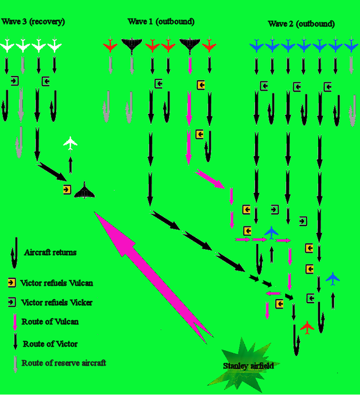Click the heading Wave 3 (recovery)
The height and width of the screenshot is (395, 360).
pyautogui.click(x=33, y=21)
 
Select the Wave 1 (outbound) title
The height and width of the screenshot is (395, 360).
pyautogui.click(x=161, y=21)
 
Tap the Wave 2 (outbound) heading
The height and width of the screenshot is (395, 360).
pyautogui.click(x=301, y=24)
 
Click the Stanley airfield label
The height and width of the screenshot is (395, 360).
pyautogui.click(x=248, y=366)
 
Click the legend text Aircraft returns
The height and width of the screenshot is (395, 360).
pyautogui.click(x=50, y=253)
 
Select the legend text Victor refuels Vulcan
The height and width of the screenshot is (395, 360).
pyautogui.click(x=56, y=283)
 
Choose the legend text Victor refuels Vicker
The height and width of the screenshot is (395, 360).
pyautogui.click(x=56, y=303)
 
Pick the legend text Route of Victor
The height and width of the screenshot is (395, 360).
pyautogui.click(x=49, y=344)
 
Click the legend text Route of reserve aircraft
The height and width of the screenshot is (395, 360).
pyautogui.click(x=64, y=363)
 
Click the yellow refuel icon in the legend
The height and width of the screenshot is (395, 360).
pyautogui.click(x=12, y=283)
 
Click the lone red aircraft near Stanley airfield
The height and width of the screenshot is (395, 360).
pyautogui.click(x=307, y=328)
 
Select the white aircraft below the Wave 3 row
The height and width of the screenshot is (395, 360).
pyautogui.click(x=70, y=143)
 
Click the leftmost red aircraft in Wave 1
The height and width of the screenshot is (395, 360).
pyautogui.click(x=110, y=45)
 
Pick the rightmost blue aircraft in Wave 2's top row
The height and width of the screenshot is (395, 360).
pyautogui.click(x=351, y=45)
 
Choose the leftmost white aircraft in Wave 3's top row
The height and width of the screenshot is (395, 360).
pyautogui.click(x=7, y=45)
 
